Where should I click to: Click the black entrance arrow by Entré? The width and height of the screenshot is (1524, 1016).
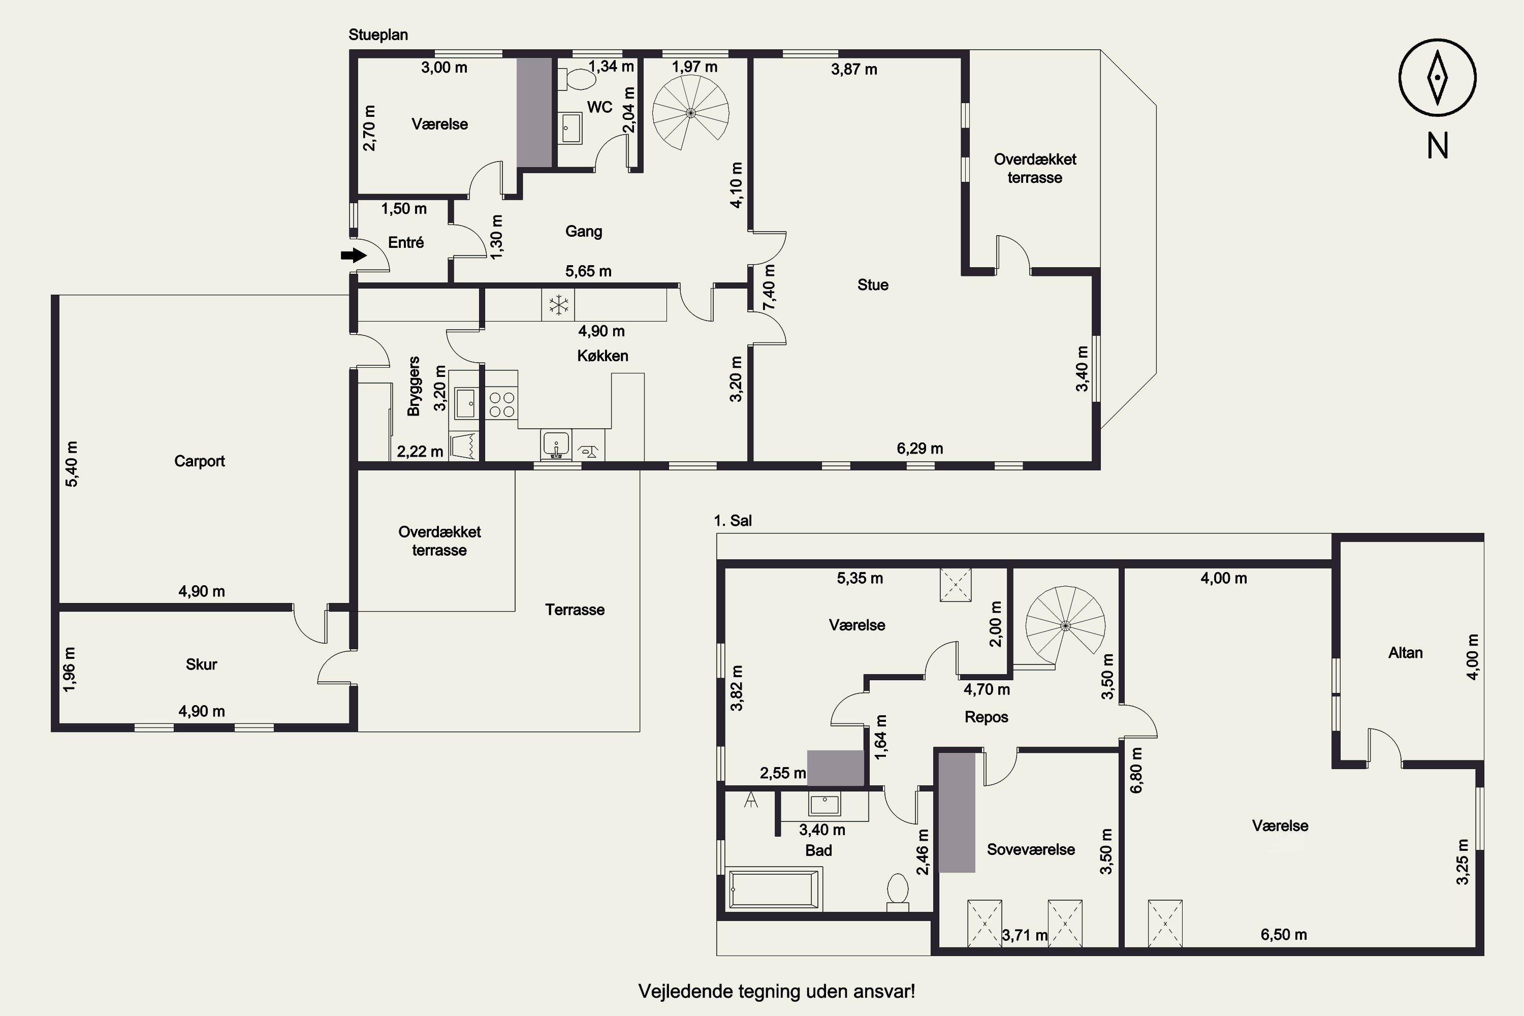point(354,256)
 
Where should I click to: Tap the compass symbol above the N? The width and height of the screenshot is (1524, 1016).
point(1437,78)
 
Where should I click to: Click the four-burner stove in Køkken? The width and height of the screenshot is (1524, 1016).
point(501,404)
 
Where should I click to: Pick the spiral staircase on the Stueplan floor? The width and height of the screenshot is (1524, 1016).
point(691,112)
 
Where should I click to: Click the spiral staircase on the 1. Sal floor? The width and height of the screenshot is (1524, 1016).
point(1065,626)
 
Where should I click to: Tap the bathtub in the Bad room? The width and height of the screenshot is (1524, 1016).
point(774,889)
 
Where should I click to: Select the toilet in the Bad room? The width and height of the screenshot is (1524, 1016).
point(898,892)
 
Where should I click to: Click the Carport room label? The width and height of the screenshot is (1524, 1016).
point(200,461)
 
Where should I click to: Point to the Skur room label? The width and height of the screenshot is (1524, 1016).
point(202,664)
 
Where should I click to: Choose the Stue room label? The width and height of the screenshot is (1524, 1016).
point(873,285)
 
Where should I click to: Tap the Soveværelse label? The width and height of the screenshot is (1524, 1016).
point(1031,849)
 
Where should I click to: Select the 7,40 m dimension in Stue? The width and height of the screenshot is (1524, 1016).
point(769,288)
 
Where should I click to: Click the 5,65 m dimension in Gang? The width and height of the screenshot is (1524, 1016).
point(588,271)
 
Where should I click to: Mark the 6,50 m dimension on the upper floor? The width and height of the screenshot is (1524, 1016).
point(1284,934)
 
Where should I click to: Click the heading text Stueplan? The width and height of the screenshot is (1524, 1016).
point(378,35)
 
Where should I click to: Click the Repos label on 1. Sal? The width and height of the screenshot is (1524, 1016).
point(986,717)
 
